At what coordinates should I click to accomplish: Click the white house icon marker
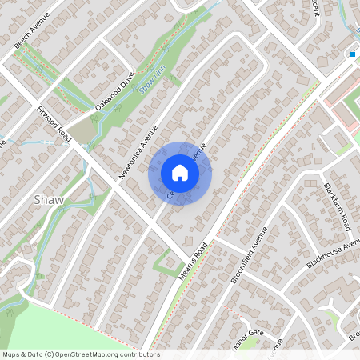(180, 172)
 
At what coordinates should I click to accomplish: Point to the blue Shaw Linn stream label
(152, 79)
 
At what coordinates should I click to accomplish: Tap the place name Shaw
(49, 199)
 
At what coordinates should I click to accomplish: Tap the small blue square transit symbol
(352, 54)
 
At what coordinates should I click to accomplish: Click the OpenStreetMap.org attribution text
(80, 354)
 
